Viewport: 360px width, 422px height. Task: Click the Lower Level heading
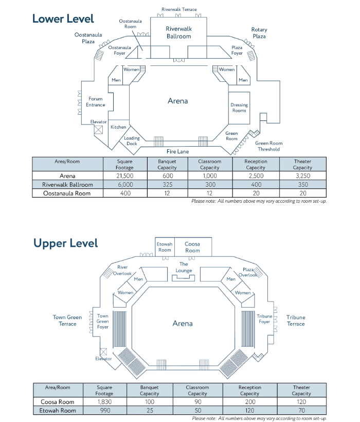63,19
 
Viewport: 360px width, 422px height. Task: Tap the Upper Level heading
65,243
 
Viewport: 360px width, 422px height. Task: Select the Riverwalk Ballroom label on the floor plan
178,32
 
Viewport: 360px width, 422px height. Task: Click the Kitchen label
118,127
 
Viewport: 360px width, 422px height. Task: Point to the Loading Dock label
132,140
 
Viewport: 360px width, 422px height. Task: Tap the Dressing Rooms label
239,108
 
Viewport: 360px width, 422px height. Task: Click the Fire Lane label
177,151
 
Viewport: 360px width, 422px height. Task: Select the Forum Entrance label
96,102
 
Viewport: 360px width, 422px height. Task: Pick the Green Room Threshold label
268,146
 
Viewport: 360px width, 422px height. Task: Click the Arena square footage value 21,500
125,176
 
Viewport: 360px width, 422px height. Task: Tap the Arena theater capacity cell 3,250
302,176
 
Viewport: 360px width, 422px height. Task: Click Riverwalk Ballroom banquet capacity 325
167,185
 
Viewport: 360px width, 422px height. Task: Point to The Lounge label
184,267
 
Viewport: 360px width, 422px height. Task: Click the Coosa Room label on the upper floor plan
192,247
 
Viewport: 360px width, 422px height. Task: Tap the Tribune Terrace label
296,321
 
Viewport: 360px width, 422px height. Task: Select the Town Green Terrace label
67,321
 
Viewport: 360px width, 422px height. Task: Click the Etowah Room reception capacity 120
250,410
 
